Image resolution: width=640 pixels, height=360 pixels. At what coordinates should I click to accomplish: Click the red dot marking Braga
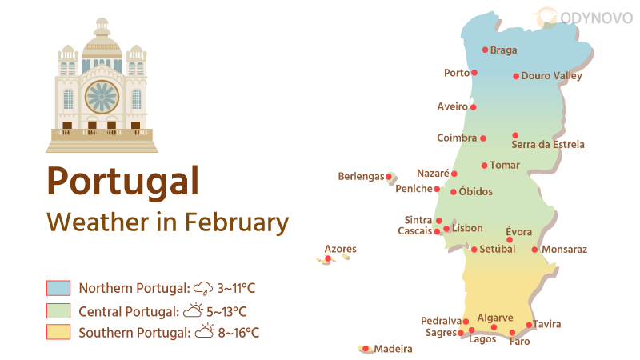click(485, 50)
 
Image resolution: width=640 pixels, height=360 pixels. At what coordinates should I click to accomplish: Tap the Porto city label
click(456, 73)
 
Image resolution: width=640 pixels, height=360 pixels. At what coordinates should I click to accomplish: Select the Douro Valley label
click(551, 76)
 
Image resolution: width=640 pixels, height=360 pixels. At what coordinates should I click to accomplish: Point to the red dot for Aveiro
click(474, 107)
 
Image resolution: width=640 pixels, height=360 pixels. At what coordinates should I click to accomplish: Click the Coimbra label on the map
click(457, 138)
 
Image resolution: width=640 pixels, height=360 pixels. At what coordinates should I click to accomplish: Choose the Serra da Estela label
click(548, 145)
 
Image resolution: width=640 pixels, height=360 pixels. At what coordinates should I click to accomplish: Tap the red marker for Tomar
click(484, 166)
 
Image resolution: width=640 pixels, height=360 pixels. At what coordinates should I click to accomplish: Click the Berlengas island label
click(361, 176)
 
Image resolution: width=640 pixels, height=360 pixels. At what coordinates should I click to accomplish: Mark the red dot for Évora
click(510, 240)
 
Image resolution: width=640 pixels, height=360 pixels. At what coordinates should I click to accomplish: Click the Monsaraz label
click(564, 250)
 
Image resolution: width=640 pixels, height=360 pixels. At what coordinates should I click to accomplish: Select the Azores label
click(340, 250)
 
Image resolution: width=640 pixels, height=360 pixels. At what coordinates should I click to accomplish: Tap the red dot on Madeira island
click(366, 349)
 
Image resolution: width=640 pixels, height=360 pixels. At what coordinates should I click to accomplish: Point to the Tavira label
click(547, 324)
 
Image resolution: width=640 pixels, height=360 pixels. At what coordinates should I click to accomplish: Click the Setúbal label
click(498, 249)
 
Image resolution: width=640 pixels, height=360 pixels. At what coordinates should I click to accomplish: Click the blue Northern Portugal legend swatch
click(59, 288)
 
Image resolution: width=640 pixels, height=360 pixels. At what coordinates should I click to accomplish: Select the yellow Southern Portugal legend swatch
click(59, 332)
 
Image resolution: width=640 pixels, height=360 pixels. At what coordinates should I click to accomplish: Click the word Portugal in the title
click(122, 181)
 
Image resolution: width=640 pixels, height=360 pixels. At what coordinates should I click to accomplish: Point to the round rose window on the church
click(102, 97)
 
